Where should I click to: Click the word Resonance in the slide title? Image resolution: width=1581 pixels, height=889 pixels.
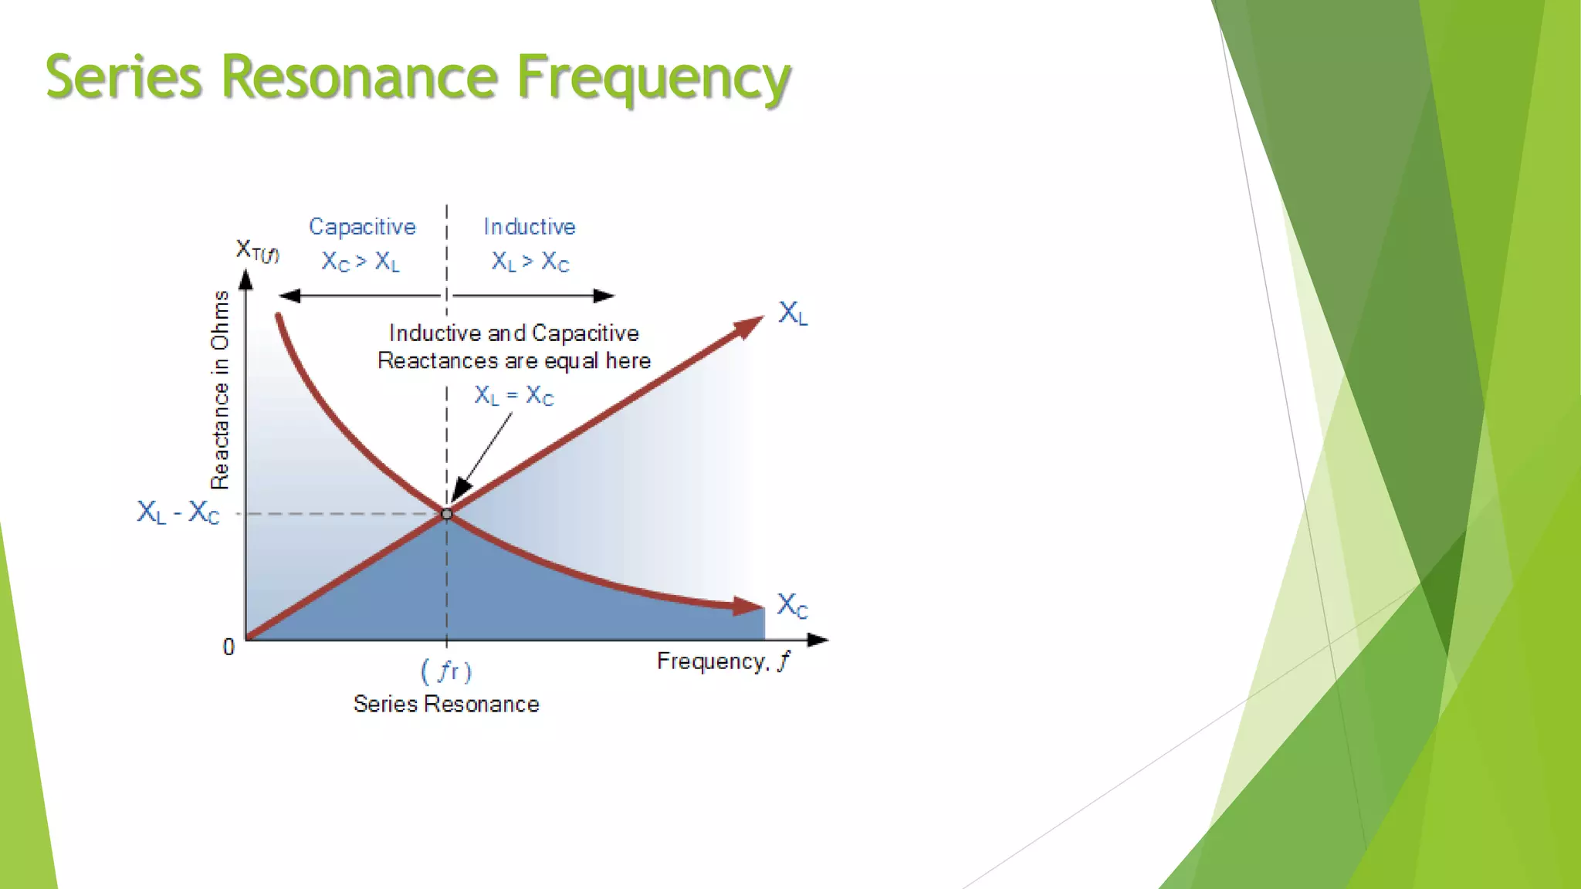[360, 77]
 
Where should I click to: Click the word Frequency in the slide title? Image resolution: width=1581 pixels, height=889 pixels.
[653, 79]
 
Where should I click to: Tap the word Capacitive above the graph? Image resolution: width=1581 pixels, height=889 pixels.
[362, 227]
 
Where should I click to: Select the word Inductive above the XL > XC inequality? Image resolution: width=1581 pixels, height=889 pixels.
[530, 227]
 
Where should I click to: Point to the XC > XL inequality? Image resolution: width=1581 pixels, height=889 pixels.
[361, 262]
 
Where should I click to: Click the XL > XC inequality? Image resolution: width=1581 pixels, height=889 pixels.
[530, 262]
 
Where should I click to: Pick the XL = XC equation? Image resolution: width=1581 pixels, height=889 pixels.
[513, 396]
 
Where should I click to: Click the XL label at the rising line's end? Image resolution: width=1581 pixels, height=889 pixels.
[793, 313]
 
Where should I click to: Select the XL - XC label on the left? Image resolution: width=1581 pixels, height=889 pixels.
[178, 512]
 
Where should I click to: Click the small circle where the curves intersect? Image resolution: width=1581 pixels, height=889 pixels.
[446, 514]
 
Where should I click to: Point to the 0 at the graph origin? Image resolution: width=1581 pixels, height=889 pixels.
[229, 647]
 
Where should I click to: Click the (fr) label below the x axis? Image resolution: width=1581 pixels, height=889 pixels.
[446, 671]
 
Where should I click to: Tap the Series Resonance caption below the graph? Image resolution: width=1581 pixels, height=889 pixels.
[446, 704]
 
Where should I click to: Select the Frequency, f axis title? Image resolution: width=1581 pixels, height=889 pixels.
[723, 662]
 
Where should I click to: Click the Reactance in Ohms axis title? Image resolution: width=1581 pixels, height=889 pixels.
[220, 390]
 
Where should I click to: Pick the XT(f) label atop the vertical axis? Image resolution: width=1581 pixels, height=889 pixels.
[257, 251]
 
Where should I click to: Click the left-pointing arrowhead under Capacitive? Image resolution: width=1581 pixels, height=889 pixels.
[289, 296]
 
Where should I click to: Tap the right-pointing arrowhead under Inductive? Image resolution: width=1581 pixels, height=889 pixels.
[604, 296]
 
